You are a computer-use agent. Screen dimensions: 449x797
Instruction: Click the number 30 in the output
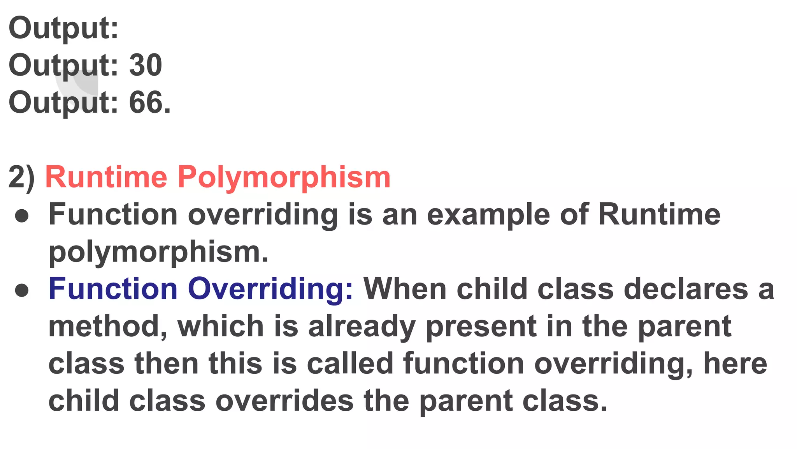click(145, 65)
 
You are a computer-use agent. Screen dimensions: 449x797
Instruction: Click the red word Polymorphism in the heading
click(284, 177)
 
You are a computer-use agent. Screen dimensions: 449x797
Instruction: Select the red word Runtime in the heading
click(106, 177)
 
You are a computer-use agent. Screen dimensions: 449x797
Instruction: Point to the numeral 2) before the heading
click(21, 177)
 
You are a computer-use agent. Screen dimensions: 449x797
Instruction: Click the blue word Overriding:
click(270, 289)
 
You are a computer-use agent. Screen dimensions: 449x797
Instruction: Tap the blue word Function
click(113, 289)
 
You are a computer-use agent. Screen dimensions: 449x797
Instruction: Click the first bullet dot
click(22, 216)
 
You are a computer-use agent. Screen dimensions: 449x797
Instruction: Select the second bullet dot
click(22, 290)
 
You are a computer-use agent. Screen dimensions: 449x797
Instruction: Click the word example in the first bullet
click(488, 215)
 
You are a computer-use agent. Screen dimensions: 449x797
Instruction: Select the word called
click(350, 364)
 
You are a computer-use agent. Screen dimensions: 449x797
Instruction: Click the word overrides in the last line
click(284, 401)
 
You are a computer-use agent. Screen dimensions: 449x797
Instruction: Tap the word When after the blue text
click(405, 289)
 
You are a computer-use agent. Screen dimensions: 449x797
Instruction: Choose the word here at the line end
click(735, 364)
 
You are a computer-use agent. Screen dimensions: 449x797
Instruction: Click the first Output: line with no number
click(63, 28)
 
